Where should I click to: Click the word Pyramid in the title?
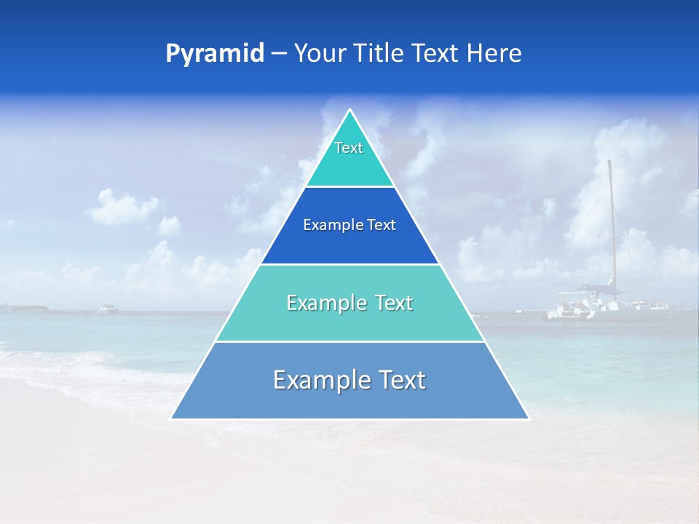(x=214, y=54)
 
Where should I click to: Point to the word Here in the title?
(x=494, y=54)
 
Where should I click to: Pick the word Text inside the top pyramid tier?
(x=349, y=148)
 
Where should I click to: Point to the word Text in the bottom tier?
(x=397, y=380)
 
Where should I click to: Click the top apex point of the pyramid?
(x=350, y=110)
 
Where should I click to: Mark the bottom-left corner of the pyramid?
(x=172, y=418)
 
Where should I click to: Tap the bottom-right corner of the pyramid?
(x=529, y=418)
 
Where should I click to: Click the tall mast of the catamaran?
(x=611, y=218)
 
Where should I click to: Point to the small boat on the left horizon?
(x=107, y=309)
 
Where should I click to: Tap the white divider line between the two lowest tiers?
(x=350, y=341)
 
